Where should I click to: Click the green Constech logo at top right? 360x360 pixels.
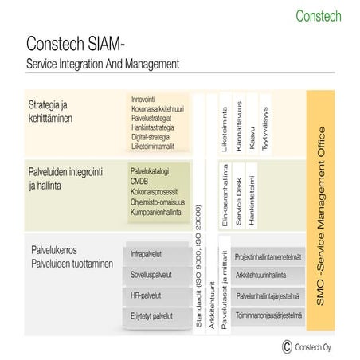click(x=319, y=15)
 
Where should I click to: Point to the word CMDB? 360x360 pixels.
click(x=140, y=182)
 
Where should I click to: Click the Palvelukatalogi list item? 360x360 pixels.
click(x=151, y=171)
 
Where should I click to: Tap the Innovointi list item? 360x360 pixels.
click(x=147, y=100)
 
